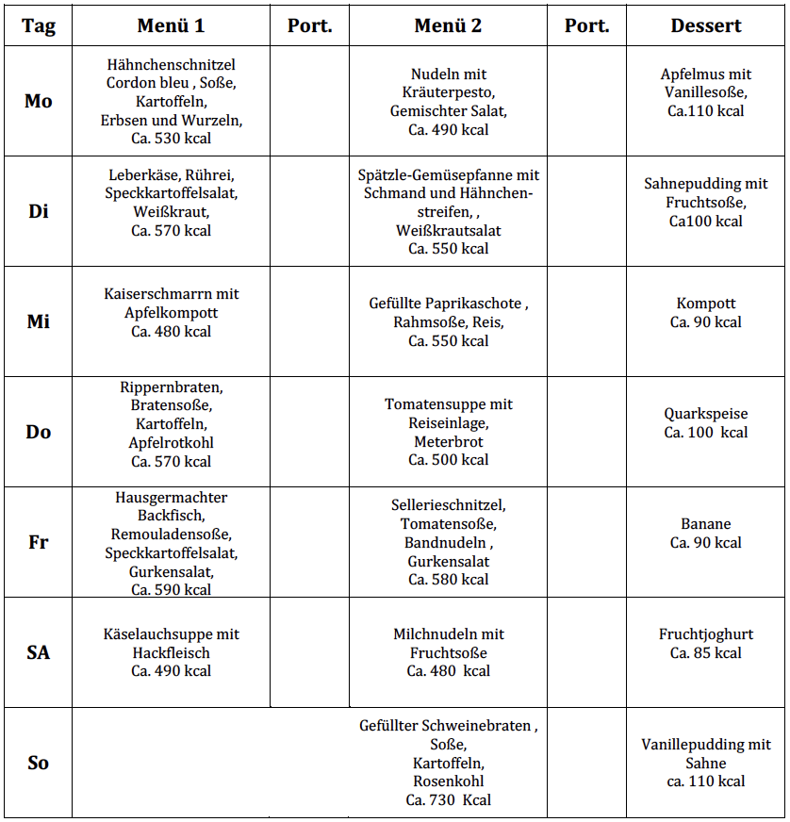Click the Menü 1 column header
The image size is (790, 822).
(171, 25)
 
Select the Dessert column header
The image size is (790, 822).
(706, 25)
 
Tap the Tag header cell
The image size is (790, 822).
(39, 25)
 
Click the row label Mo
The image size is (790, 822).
(39, 101)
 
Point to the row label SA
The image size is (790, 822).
(39, 652)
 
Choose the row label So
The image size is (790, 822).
(39, 763)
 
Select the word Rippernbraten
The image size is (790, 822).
(171, 386)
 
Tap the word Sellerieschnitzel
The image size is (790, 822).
(448, 505)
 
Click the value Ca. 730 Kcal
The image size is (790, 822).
(449, 799)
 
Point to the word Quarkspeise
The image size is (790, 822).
(706, 414)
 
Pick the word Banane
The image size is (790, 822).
(706, 524)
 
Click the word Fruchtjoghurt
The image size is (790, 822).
(706, 634)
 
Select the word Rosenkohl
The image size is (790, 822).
(449, 781)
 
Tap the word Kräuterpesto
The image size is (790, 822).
(449, 92)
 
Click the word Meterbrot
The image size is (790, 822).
(449, 441)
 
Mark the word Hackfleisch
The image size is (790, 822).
(171, 652)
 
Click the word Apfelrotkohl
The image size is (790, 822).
(171, 442)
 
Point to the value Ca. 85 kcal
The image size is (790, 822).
(706, 652)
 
